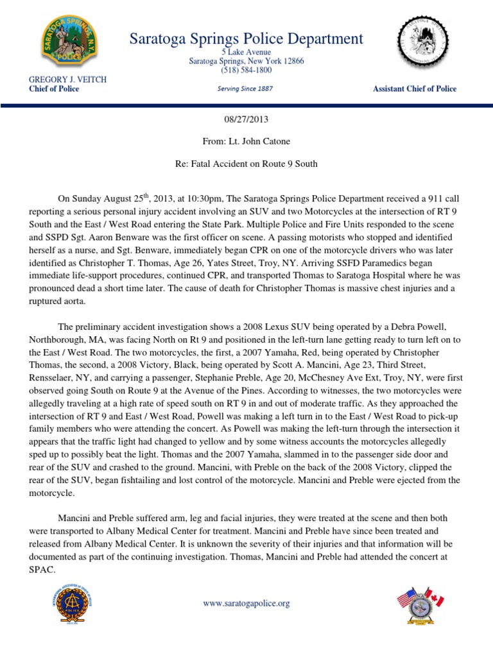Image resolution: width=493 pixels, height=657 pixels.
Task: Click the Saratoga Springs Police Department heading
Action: click(x=246, y=38)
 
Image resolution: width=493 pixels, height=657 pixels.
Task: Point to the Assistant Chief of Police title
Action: click(x=415, y=89)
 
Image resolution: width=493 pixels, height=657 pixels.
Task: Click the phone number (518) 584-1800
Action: click(x=246, y=70)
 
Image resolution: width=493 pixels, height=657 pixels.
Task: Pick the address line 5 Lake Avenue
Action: click(x=246, y=52)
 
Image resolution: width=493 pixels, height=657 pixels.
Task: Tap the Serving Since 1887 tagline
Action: click(x=246, y=89)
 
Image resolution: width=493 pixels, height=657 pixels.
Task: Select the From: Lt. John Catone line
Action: click(x=246, y=142)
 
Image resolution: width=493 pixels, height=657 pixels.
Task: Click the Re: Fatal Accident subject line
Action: click(x=246, y=164)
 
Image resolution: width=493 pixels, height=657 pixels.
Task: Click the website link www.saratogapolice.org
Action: click(x=246, y=603)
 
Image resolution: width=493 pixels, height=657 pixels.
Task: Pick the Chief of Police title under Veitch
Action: click(x=54, y=89)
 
